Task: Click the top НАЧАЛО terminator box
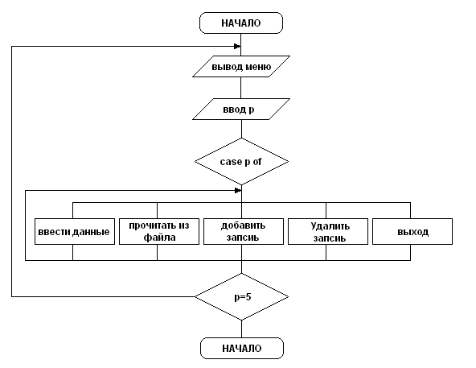tap(241, 23)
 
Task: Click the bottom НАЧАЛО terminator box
tap(242, 348)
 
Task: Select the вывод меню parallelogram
tap(241, 66)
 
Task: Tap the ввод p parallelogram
tap(241, 109)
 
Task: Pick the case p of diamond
tap(241, 162)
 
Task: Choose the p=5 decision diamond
tap(242, 296)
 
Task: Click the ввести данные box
tap(75, 231)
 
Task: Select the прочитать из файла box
tap(159, 231)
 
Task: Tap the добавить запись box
tap(244, 231)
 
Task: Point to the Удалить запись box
tap(328, 231)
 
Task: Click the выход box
tap(412, 231)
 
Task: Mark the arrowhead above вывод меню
tap(237, 46)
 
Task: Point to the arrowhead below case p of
tap(238, 190)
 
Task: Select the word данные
tap(92, 232)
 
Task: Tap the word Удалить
tap(330, 226)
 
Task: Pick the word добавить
tap(243, 225)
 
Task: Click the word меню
tap(258, 67)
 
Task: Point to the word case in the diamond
tap(231, 162)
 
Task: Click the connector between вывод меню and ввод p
tap(241, 88)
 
